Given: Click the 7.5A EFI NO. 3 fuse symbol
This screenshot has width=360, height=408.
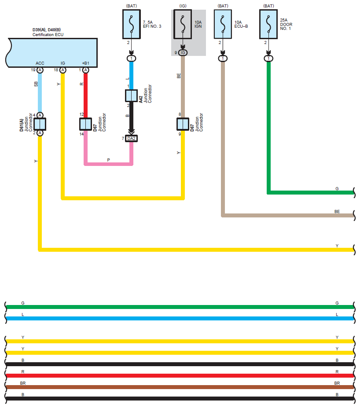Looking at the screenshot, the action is click(x=131, y=24).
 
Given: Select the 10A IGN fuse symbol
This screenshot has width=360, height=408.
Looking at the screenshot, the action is click(x=183, y=24).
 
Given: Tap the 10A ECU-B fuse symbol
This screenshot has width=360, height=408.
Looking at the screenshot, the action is click(x=223, y=24).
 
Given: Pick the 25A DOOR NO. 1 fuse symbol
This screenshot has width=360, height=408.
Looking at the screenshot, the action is click(x=268, y=24).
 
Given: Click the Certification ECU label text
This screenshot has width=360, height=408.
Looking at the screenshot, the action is click(x=48, y=35).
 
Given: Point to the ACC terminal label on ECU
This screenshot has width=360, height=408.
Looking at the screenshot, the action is click(x=40, y=63).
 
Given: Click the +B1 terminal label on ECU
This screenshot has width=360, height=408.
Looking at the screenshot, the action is click(x=85, y=63).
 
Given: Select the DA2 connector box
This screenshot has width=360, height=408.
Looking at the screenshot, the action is click(x=131, y=139).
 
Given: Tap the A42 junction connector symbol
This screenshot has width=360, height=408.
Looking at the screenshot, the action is click(x=131, y=96).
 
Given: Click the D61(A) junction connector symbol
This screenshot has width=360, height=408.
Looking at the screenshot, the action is click(x=40, y=124).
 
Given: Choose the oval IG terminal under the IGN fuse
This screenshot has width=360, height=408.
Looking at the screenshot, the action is click(x=183, y=53).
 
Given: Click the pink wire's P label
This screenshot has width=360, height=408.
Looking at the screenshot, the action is click(x=108, y=160).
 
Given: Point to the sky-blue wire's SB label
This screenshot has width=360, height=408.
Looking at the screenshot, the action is click(x=36, y=84).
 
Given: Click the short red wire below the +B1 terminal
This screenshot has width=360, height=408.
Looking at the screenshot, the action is click(x=85, y=96).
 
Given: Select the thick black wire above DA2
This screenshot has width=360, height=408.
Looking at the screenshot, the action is click(x=131, y=117).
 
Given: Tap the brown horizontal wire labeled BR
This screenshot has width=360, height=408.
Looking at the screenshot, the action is click(x=180, y=387).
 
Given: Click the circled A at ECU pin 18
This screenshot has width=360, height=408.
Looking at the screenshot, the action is click(x=62, y=70).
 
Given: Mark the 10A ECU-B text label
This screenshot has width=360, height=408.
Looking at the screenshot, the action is click(x=241, y=24).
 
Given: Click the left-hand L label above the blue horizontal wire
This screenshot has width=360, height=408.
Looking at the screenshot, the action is click(x=22, y=315).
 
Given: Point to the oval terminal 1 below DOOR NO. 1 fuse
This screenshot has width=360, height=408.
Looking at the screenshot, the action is click(x=268, y=59).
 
